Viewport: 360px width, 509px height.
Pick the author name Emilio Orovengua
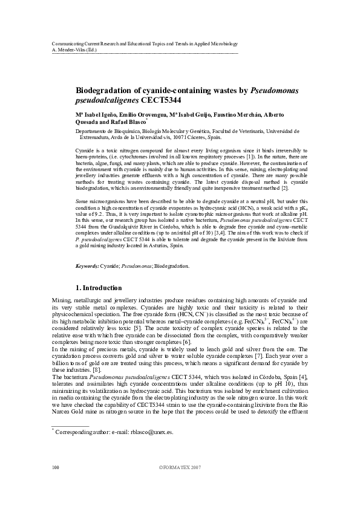[x=129, y=115]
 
